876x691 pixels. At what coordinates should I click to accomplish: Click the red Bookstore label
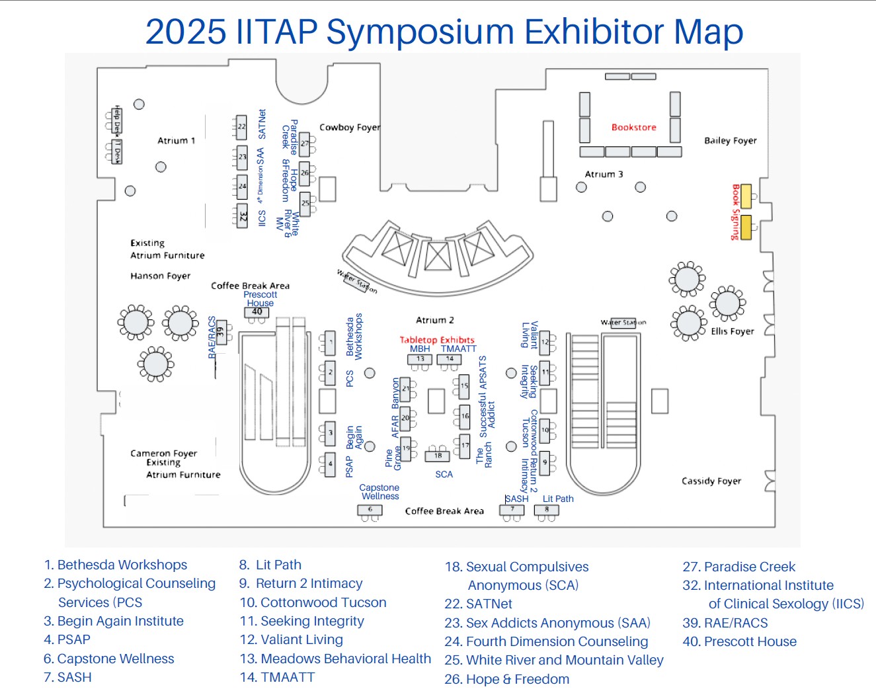tap(633, 127)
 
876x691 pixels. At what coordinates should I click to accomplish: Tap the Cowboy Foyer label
tap(350, 127)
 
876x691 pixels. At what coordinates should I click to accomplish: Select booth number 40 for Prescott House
tap(257, 312)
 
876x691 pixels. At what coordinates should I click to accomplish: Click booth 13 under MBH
tap(420, 359)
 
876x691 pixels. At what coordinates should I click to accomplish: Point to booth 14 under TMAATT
tap(450, 359)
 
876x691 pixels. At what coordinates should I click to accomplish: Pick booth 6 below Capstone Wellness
tap(370, 510)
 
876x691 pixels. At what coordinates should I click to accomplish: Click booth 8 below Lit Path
tap(547, 510)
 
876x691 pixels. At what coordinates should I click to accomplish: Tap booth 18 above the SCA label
tap(438, 456)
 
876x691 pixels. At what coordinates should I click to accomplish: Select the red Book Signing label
tap(735, 212)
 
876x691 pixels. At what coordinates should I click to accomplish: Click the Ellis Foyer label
tap(732, 331)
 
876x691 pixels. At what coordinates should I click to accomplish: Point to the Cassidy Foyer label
tap(711, 481)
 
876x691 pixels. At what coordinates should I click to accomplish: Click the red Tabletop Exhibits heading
tap(436, 340)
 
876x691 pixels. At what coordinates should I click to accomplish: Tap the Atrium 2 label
tap(434, 320)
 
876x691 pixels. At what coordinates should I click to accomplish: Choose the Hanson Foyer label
tap(160, 276)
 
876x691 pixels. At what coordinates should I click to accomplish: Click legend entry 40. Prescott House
tap(739, 641)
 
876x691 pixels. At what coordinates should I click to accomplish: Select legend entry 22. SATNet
tap(478, 604)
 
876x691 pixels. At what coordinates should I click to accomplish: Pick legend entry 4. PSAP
tap(67, 639)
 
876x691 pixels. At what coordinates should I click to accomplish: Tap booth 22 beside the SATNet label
tap(241, 126)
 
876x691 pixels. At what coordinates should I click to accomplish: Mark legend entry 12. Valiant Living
tap(292, 639)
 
